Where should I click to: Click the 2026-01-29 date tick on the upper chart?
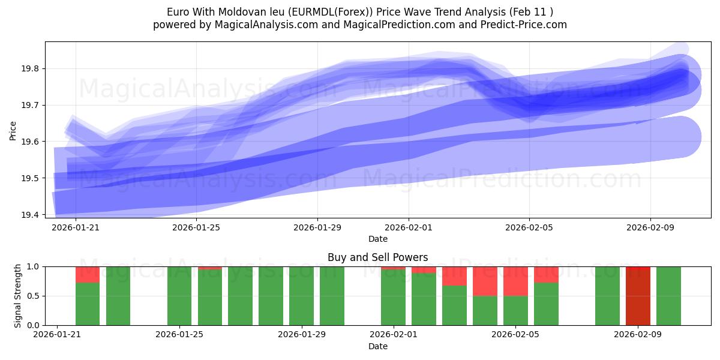317,227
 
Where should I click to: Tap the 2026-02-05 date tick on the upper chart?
529,227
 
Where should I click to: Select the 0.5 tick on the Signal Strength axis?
34,296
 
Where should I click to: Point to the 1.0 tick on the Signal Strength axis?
34,266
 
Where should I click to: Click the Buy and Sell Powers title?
377,257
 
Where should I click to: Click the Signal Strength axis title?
18,295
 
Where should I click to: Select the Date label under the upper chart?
377,239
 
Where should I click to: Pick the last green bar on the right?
668,296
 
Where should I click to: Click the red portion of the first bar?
88,274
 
